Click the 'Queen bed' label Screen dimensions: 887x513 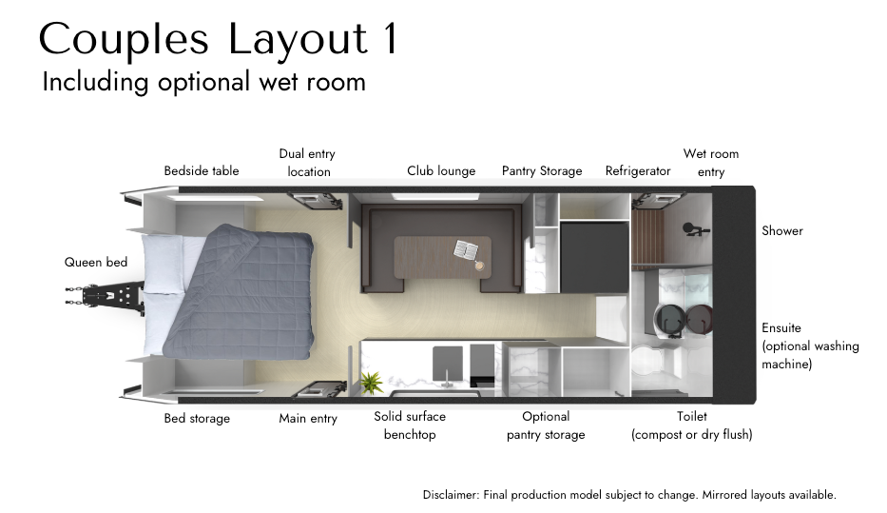[x=96, y=262]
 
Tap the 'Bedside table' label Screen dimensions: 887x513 [x=202, y=171]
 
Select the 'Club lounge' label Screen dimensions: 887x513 [x=441, y=171]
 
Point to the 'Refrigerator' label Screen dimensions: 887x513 [x=638, y=171]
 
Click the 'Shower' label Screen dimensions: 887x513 [x=782, y=230]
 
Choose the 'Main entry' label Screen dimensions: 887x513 [x=308, y=419]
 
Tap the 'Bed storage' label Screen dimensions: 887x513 [x=197, y=419]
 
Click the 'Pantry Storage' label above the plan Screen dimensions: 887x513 [x=542, y=171]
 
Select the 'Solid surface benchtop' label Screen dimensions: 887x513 [x=410, y=425]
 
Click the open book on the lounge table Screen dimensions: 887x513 [x=467, y=249]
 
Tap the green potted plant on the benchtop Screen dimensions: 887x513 [x=371, y=383]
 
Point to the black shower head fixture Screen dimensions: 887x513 [x=695, y=229]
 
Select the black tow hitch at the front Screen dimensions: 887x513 [x=105, y=296]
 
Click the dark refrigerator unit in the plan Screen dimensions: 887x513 [x=594, y=257]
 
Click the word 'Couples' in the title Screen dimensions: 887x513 [x=124, y=40]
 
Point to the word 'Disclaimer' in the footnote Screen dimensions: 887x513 [x=451, y=494]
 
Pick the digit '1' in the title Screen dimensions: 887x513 [x=391, y=38]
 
